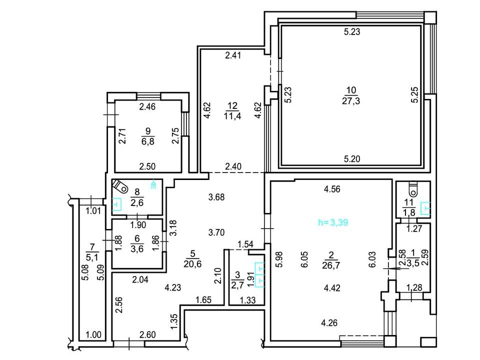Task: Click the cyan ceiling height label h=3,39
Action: [333, 222]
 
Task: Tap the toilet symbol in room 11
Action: [413, 189]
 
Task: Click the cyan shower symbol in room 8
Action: [154, 183]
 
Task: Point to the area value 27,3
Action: [351, 100]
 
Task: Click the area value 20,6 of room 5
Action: [192, 263]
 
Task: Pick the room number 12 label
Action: [232, 106]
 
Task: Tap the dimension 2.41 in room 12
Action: [233, 55]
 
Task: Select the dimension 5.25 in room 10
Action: [414, 95]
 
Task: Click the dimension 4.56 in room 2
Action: [332, 189]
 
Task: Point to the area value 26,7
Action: [331, 265]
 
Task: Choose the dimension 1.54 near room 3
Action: [245, 244]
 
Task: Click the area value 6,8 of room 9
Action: [148, 141]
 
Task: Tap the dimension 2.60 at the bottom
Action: [147, 335]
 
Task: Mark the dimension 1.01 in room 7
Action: [93, 211]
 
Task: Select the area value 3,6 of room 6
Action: [137, 248]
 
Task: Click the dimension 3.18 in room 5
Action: [173, 228]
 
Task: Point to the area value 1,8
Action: [409, 212]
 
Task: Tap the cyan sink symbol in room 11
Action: [425, 208]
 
